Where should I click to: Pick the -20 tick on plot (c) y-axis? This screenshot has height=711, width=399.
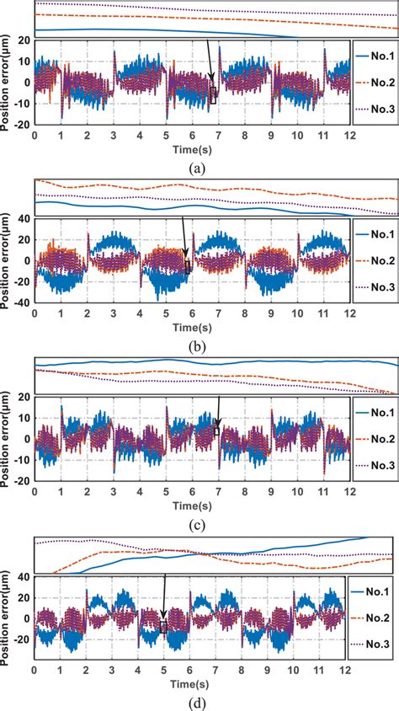[23, 480]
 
